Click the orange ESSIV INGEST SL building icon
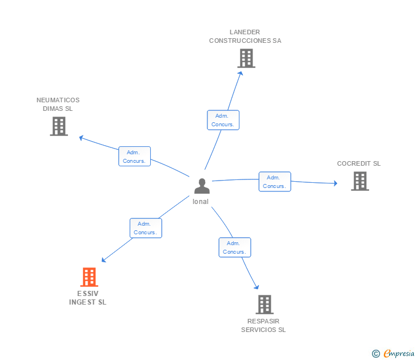tap(89, 277)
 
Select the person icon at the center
tap(202, 186)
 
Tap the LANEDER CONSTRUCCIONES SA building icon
tap(246, 58)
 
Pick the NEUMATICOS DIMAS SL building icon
tap(59, 126)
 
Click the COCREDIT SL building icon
tap(359, 181)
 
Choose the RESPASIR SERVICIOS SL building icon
tap(264, 305)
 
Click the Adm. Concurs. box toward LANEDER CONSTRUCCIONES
tap(223, 120)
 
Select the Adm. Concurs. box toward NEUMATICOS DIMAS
tap(135, 157)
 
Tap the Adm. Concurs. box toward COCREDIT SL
tap(275, 182)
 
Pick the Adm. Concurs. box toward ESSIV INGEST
tap(146, 229)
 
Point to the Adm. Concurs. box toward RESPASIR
tap(235, 247)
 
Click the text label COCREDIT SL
tap(359, 163)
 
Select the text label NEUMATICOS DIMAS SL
tap(58, 104)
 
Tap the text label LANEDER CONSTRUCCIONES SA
tap(245, 37)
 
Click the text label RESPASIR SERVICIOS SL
tap(263, 326)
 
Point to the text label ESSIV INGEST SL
tap(88, 298)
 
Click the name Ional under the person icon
tap(201, 202)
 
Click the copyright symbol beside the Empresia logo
tap(375, 354)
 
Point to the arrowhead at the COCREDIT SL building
tap(335, 183)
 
